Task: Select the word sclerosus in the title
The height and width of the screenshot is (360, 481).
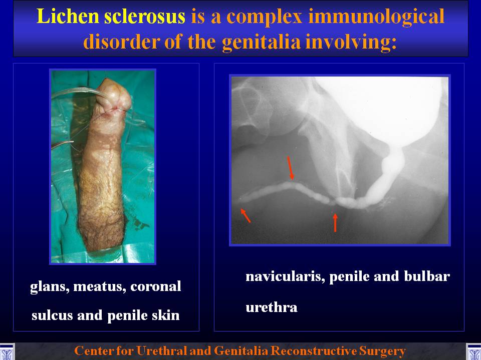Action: pyautogui.click(x=145, y=16)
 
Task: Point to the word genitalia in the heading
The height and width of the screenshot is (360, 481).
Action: pyautogui.click(x=261, y=42)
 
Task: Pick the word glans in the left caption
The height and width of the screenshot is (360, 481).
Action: pyautogui.click(x=50, y=287)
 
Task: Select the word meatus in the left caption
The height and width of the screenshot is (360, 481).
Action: pyautogui.click(x=99, y=287)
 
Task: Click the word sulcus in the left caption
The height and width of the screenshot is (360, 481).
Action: pyautogui.click(x=52, y=315)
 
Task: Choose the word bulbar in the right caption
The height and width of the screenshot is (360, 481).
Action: pyautogui.click(x=427, y=276)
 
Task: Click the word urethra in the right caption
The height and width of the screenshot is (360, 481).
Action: pyautogui.click(x=272, y=307)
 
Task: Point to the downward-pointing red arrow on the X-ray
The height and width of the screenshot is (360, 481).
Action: pyautogui.click(x=290, y=168)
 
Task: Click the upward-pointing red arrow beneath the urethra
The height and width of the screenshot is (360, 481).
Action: pyautogui.click(x=335, y=222)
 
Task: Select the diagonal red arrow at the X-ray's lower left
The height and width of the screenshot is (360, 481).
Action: pyautogui.click(x=246, y=215)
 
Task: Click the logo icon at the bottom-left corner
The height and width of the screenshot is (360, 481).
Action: pyautogui.click(x=7, y=351)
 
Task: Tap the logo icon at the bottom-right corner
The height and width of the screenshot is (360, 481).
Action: pyautogui.click(x=473, y=351)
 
